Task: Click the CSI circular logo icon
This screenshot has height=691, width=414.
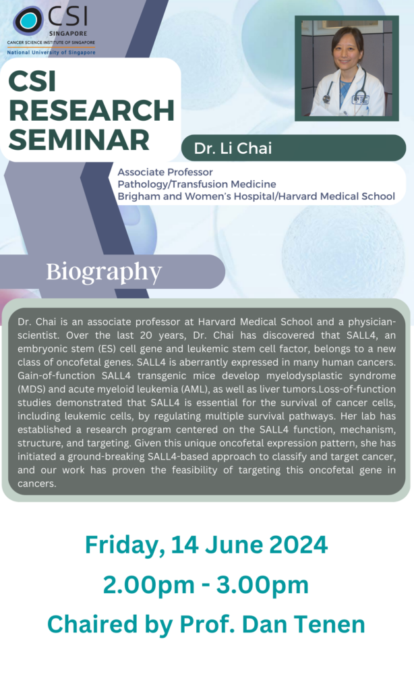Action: [29, 20]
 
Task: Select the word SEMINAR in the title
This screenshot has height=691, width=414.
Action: [79, 140]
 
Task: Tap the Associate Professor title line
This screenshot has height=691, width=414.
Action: [165, 173]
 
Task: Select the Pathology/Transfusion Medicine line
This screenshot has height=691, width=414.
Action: [197, 184]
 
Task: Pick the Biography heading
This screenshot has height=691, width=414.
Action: [104, 271]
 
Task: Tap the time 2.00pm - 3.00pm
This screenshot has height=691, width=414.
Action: [206, 584]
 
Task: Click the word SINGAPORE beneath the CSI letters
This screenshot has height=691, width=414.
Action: [67, 32]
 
